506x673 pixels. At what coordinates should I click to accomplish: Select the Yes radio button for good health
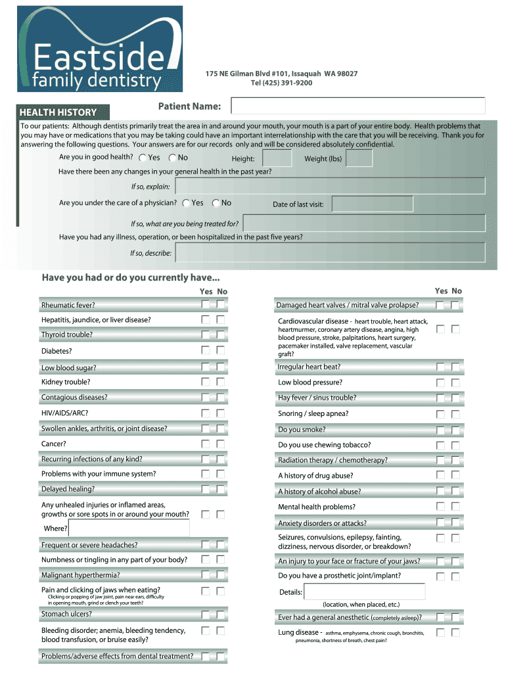point(144,158)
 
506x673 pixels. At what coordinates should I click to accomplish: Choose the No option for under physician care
point(216,203)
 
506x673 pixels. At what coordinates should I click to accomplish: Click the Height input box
point(277,158)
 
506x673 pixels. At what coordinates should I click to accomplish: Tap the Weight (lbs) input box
point(359,158)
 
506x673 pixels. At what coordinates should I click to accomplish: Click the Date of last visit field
point(373,204)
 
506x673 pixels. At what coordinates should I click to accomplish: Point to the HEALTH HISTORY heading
point(58,112)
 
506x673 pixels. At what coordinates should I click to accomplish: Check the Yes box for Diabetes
point(206,350)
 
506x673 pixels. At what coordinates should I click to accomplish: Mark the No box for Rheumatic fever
point(221,304)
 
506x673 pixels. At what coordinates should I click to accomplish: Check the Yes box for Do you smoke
point(440,429)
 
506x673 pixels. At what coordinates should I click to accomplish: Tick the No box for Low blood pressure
point(455,383)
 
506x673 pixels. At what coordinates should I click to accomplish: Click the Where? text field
point(128,528)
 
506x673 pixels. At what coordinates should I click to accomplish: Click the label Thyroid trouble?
point(67,335)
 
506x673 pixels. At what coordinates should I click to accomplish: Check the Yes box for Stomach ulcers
point(206,615)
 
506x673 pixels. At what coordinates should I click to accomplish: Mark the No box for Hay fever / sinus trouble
point(455,398)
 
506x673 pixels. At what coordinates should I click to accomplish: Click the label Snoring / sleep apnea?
point(313,413)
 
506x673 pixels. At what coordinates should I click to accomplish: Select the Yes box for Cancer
point(206,444)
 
